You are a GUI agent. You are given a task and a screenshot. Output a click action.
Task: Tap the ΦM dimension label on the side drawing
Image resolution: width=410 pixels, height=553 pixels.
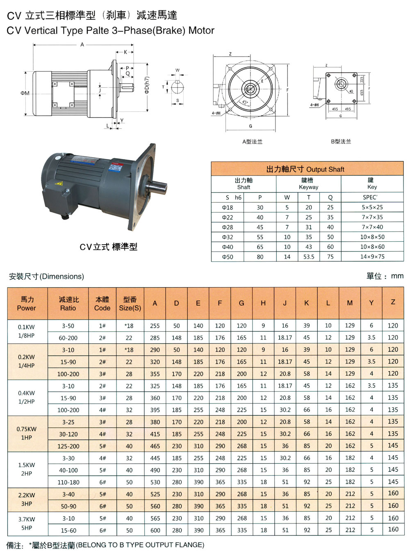25,93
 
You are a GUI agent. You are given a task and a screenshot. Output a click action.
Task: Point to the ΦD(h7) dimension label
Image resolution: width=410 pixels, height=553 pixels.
147,85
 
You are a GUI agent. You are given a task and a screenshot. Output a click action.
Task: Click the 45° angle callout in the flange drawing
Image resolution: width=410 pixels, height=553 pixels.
244,102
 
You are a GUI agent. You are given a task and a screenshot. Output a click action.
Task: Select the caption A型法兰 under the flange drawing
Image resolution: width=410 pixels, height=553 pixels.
252,142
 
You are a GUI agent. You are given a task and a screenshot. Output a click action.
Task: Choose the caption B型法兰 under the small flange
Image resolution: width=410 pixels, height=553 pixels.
341,141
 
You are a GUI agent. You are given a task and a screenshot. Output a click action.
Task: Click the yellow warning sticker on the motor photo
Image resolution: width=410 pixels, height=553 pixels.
59,184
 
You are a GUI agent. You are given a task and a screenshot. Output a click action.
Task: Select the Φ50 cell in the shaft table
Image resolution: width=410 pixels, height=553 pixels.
227,256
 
